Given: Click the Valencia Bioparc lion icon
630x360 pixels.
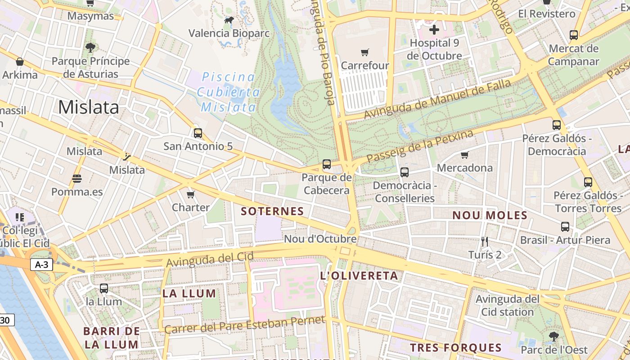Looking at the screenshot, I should tap(229, 20).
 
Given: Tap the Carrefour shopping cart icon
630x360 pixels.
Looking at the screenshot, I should tap(365, 53).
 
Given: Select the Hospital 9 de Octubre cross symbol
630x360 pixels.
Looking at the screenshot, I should tap(434, 30).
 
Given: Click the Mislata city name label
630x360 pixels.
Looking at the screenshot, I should tap(89, 107).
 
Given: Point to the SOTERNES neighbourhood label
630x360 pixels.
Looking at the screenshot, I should tap(272, 211).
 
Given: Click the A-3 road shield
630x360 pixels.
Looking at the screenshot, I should tap(42, 265).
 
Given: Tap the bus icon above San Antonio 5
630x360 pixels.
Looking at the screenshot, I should tap(198, 133).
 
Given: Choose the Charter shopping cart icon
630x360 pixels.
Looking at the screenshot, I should tap(191, 194).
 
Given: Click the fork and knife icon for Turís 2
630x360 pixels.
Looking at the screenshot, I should tap(485, 242).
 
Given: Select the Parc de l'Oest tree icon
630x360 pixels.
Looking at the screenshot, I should tap(553, 336).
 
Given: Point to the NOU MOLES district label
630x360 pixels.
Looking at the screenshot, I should tap(490, 215).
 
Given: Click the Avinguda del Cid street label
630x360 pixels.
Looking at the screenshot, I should tap(210, 259).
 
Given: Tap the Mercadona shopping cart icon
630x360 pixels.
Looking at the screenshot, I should tap(465, 155).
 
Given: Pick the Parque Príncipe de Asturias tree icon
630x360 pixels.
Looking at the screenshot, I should tap(90, 47).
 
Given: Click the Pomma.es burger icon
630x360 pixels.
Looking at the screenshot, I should tap(77, 179).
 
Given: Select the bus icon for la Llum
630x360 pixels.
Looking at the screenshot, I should tap(104, 288).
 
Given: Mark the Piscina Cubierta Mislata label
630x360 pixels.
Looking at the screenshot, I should tap(229, 92).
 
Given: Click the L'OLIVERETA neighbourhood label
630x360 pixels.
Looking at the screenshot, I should tap(359, 276).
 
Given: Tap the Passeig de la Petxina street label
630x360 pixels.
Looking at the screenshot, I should tap(420, 147).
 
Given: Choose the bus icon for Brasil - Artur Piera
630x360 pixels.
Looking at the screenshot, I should tap(565, 227).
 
